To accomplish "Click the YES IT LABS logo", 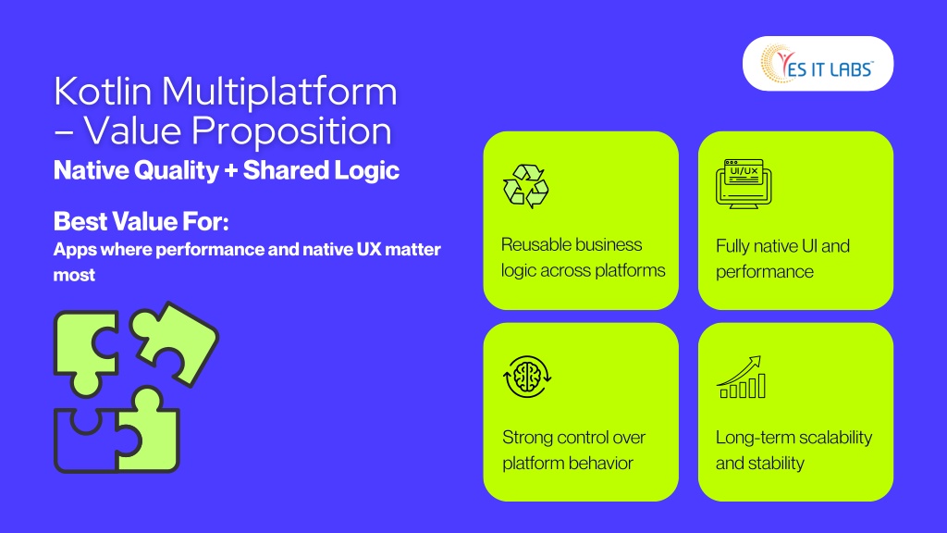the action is (818, 64).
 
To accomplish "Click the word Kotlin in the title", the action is (103, 92).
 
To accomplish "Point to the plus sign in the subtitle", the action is (230, 171).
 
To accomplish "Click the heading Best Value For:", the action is (141, 221).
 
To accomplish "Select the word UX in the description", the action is (368, 249).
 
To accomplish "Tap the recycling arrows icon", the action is (526, 185).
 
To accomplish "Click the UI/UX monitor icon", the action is (744, 184).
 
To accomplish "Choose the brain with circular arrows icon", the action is (526, 377).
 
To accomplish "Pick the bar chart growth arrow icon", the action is (741, 377).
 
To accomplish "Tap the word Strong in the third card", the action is (525, 438).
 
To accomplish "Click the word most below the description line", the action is (74, 276).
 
